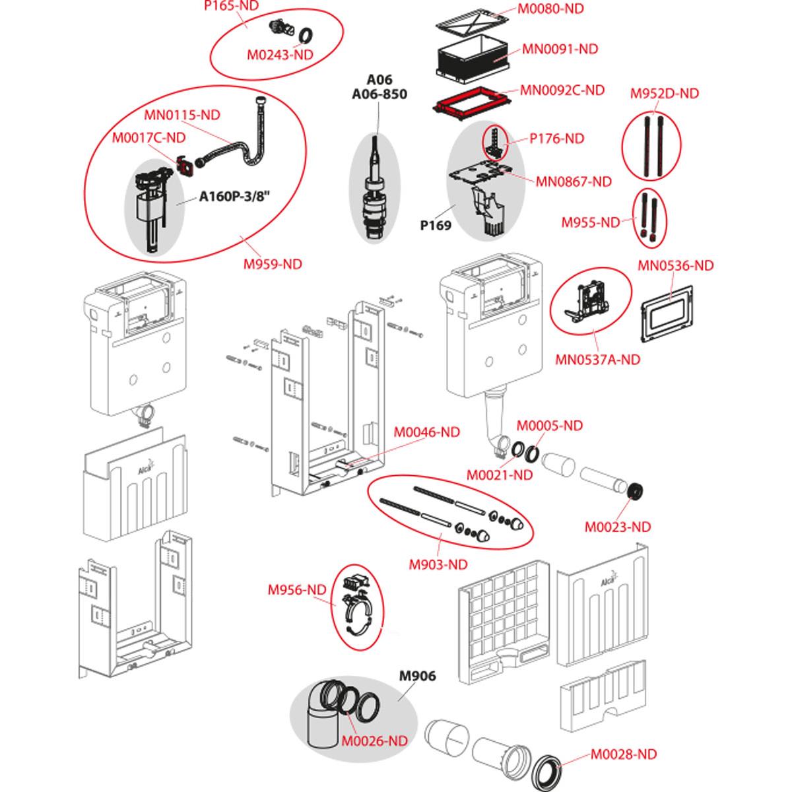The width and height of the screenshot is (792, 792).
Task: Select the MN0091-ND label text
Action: [560, 49]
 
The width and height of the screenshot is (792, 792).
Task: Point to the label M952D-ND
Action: [664, 93]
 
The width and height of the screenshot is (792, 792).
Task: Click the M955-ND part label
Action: [591, 222]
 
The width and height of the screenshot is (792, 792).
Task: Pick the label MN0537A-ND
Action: [597, 360]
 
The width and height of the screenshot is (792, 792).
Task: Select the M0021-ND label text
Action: [499, 475]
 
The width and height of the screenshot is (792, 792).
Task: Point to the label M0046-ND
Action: [426, 432]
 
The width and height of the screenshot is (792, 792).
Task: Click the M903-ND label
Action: [438, 564]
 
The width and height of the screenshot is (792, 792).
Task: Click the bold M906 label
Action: [418, 676]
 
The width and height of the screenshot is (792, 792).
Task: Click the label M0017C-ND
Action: [148, 137]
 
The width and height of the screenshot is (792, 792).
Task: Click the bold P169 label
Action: [436, 225]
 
